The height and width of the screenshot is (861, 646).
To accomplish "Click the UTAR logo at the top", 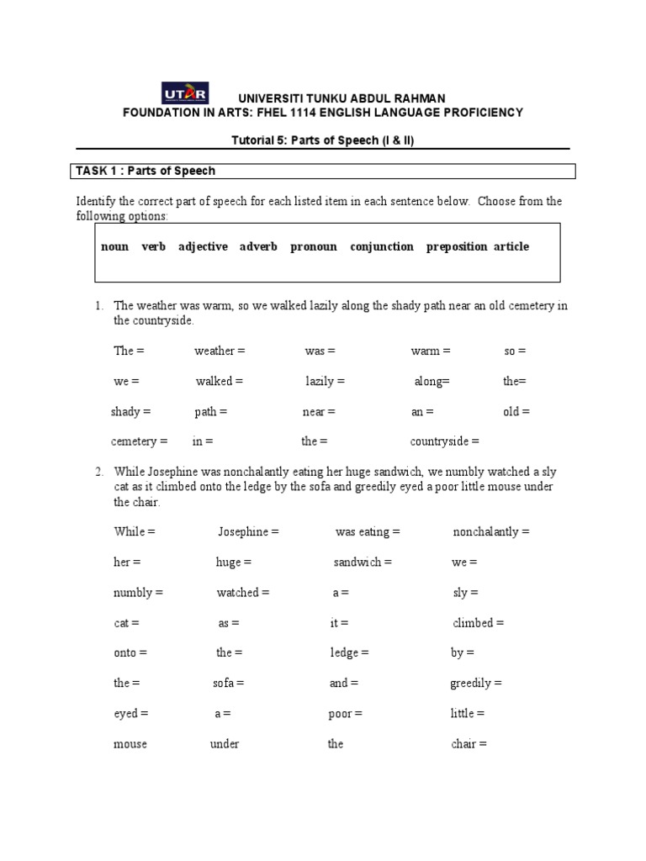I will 184,92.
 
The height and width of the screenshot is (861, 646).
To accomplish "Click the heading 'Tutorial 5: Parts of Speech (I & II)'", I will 322,140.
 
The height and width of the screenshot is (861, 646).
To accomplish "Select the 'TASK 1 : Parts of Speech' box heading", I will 146,171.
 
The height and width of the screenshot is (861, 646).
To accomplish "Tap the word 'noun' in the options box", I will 114,246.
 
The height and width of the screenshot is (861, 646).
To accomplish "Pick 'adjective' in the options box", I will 203,246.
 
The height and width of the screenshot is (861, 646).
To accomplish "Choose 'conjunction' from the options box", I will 382,246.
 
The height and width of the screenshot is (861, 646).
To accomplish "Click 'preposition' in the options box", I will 457,246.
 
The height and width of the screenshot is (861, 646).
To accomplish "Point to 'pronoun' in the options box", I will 314,246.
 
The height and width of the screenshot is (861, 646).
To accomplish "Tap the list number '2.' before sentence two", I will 99,472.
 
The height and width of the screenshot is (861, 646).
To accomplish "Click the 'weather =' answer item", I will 220,351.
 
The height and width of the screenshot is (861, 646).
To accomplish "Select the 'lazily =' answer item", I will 325,381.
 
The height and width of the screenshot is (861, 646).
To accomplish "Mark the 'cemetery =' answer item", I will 140,441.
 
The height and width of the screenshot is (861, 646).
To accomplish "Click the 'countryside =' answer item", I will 444,441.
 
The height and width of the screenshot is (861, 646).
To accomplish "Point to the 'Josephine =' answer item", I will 248,532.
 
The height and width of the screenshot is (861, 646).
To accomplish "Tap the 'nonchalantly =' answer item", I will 491,532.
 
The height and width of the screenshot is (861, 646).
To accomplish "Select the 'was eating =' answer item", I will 368,532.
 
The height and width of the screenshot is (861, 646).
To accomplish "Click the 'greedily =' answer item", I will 476,684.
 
